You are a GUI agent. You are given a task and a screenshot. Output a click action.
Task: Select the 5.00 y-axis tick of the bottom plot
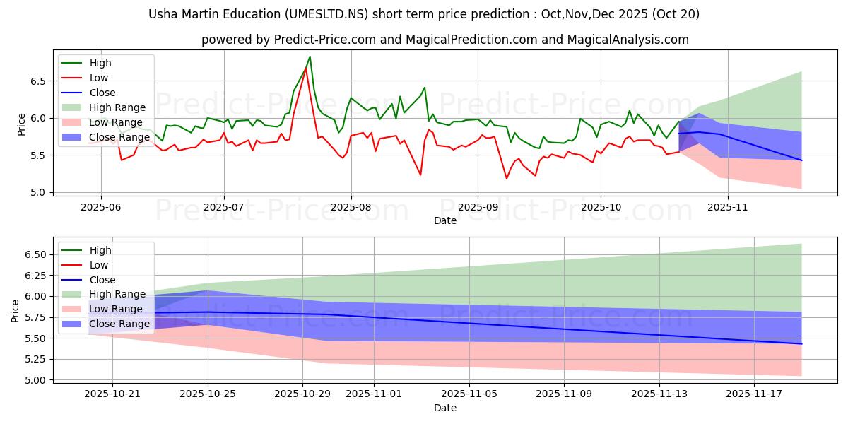click(x=35, y=380)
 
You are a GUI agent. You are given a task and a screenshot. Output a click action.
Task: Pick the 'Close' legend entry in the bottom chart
click(x=102, y=280)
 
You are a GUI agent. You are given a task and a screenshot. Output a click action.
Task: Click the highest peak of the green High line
click(x=310, y=57)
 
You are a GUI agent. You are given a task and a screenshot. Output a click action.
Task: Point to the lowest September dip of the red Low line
click(x=507, y=178)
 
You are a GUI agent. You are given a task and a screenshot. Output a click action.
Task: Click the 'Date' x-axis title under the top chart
click(x=445, y=220)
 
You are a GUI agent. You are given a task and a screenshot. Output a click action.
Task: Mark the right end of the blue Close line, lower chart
click(x=801, y=343)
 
